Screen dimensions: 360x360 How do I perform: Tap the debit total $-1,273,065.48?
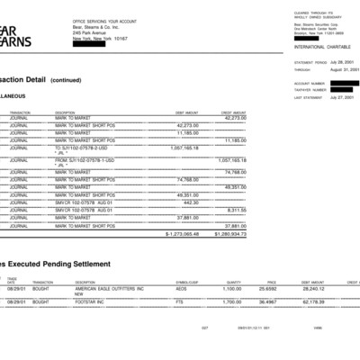[x=177, y=233]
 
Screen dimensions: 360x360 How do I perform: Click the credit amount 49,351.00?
[x=235, y=187]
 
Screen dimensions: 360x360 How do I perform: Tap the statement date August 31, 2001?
[x=328, y=68]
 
